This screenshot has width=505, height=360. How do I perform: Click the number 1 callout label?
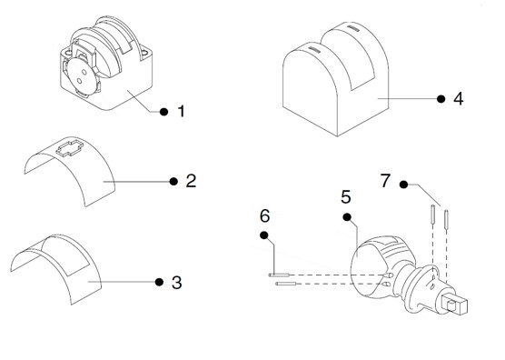click(182, 112)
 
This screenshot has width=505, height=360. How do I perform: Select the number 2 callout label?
click(191, 181)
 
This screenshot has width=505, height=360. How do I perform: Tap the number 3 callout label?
click(177, 283)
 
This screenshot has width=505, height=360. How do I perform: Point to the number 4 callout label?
click(459, 98)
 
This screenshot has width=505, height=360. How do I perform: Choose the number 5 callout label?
click(346, 197)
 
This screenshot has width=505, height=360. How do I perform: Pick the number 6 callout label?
click(264, 216)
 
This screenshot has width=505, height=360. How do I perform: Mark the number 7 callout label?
click(385, 181)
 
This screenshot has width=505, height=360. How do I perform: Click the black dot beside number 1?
click(163, 112)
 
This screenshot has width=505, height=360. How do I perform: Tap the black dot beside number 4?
click(441, 99)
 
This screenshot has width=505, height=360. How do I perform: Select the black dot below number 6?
click(264, 235)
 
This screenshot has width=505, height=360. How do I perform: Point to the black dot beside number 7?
click(403, 185)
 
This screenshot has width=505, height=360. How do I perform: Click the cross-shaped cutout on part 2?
click(70, 148)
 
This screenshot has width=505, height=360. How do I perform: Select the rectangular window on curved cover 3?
click(65, 255)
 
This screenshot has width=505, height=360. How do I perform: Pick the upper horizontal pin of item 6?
click(279, 275)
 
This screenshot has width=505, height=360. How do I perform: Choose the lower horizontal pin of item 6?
click(286, 284)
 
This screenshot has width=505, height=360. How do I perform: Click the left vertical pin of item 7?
click(433, 214)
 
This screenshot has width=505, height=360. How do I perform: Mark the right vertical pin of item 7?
click(447, 218)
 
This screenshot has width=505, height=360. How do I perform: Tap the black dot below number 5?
click(347, 217)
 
